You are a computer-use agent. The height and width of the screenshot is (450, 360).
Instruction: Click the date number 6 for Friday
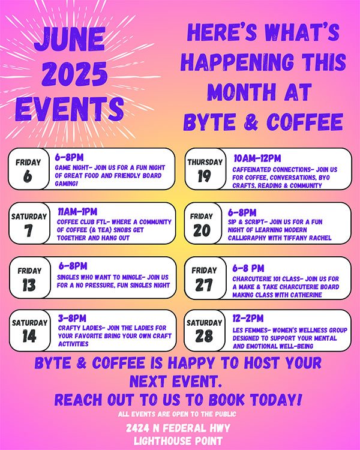point(28,176)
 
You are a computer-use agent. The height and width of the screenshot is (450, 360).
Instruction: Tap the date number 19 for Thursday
point(205,176)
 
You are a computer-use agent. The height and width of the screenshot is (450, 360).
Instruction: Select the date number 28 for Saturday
point(204,335)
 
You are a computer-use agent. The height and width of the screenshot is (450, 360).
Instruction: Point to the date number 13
point(29,285)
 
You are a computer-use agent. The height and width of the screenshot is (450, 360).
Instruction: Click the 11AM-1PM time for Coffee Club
point(77,212)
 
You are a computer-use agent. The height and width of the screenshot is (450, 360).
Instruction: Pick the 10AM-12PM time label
point(257,158)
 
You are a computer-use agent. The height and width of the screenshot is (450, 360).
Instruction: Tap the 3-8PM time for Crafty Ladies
point(72,318)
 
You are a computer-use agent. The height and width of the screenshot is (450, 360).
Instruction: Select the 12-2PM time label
point(248,318)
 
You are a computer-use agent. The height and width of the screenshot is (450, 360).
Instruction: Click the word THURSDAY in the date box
point(205,162)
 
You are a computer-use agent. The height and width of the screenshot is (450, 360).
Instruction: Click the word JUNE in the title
point(69,39)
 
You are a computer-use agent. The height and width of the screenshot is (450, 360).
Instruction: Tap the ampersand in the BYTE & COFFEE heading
point(251,122)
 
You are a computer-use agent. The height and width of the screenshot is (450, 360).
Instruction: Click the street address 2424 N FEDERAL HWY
point(178,428)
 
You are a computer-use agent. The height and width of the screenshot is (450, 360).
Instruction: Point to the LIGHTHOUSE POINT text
point(178,440)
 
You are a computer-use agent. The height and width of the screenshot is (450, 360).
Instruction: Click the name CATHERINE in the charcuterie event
point(306,295)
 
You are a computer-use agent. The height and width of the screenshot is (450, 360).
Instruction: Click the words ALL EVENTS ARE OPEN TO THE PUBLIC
point(177,414)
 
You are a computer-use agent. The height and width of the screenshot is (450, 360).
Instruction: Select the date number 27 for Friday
point(204,285)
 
